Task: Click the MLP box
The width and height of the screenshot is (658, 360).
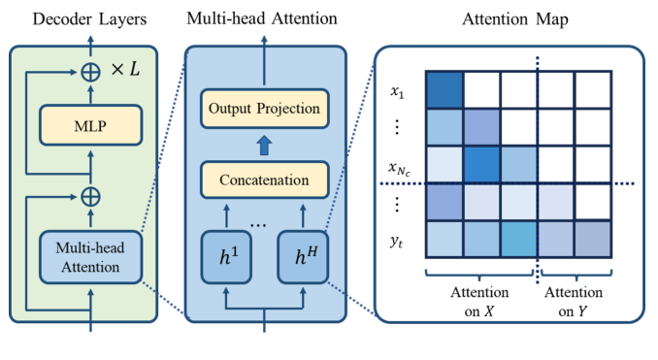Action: pos(90,126)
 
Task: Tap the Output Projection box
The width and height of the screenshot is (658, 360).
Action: pos(264,108)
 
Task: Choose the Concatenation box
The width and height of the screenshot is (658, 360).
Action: pos(264,180)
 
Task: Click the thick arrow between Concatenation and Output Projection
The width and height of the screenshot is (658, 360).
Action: pos(264,144)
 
